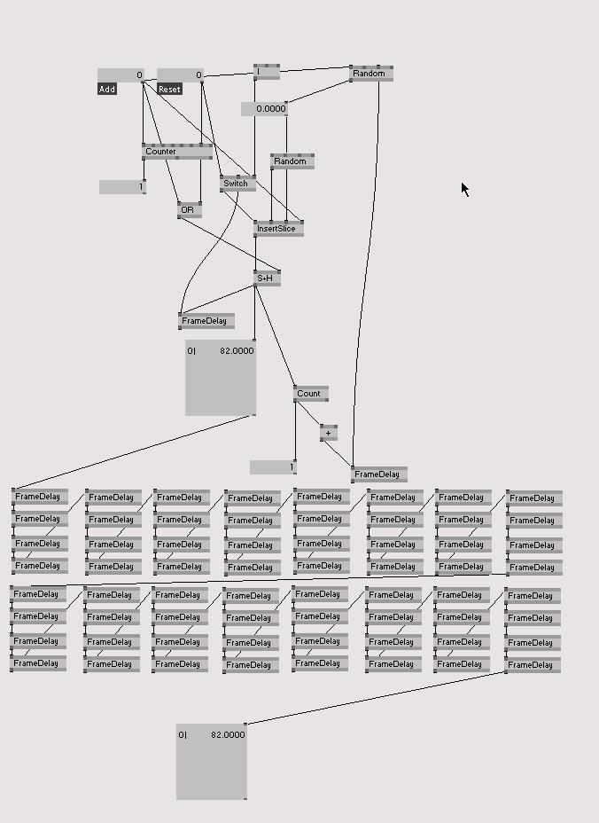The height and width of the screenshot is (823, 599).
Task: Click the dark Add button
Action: (x=107, y=89)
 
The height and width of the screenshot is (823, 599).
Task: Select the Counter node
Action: (x=176, y=152)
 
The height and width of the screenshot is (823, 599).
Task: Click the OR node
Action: (x=189, y=210)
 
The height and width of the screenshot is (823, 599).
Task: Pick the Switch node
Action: (x=237, y=184)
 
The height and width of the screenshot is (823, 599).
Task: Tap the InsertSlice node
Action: (x=278, y=229)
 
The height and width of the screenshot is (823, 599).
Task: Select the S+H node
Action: (x=267, y=278)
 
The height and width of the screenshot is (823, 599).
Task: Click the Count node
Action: (x=310, y=393)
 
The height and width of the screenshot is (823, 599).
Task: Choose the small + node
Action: (x=329, y=434)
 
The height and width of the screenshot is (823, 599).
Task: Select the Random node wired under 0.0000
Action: (x=292, y=161)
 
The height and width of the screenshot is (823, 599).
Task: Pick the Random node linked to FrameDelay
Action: (x=371, y=74)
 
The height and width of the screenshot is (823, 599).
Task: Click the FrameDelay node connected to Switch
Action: (x=206, y=321)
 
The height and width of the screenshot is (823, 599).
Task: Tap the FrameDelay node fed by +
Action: (x=378, y=474)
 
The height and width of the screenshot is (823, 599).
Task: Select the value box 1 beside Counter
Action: (x=122, y=187)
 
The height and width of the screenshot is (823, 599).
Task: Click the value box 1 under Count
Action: (x=273, y=467)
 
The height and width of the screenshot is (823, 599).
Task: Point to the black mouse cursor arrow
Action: (x=465, y=189)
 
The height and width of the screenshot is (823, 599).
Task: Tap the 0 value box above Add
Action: (x=120, y=75)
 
